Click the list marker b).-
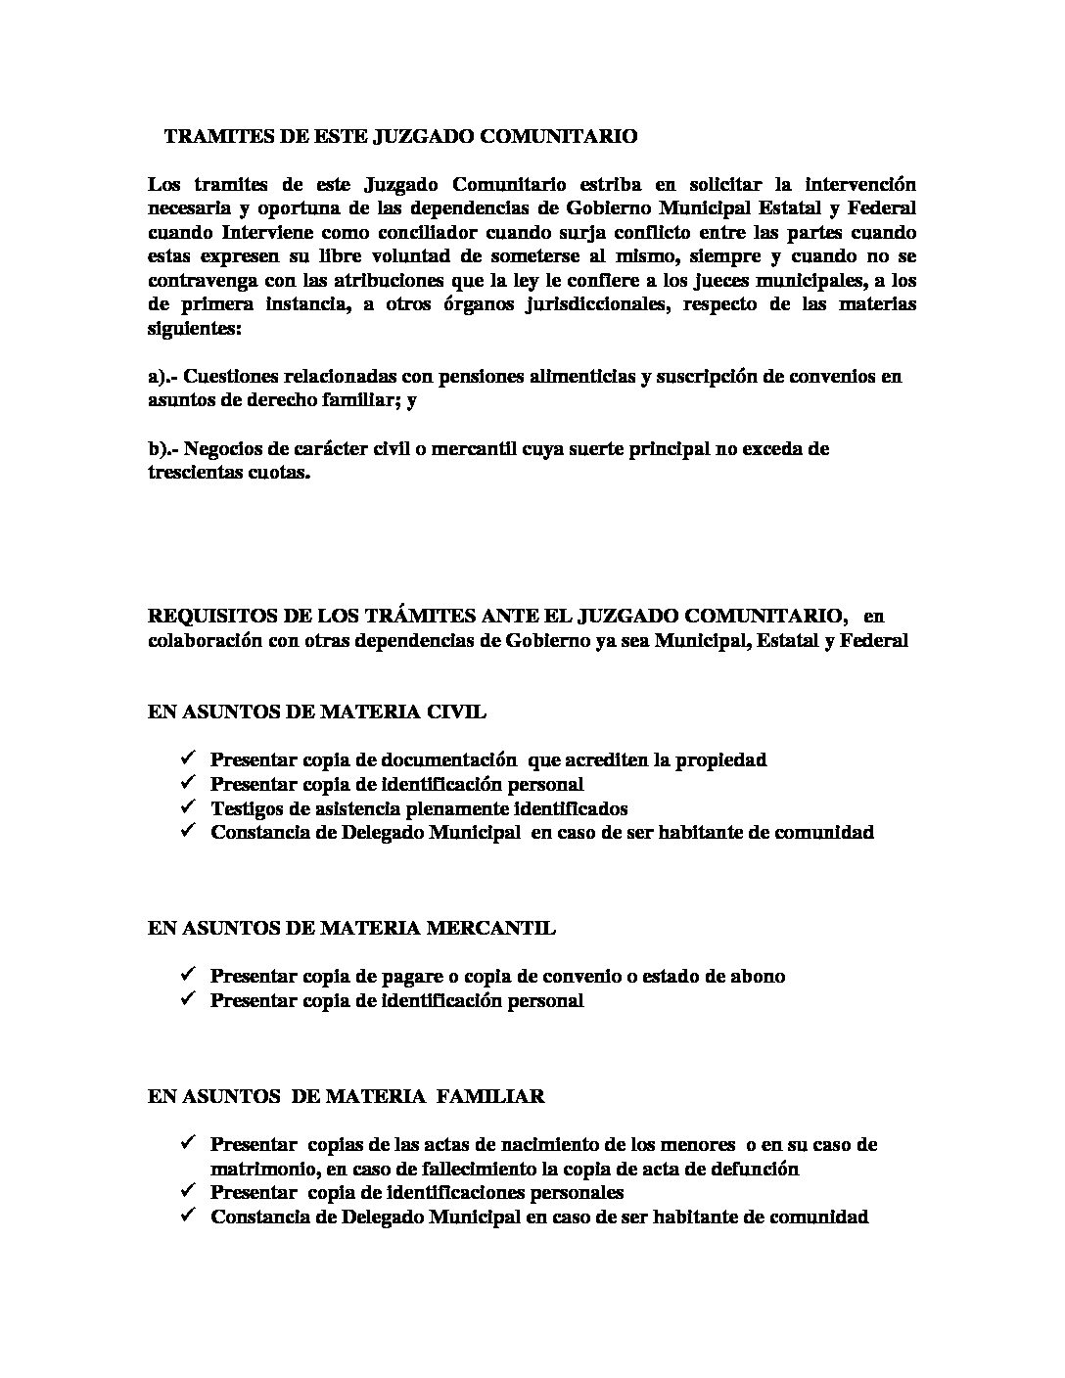(x=163, y=449)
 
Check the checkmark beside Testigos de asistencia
(x=187, y=807)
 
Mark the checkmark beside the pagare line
(x=187, y=975)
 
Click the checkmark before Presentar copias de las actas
(x=187, y=1143)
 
